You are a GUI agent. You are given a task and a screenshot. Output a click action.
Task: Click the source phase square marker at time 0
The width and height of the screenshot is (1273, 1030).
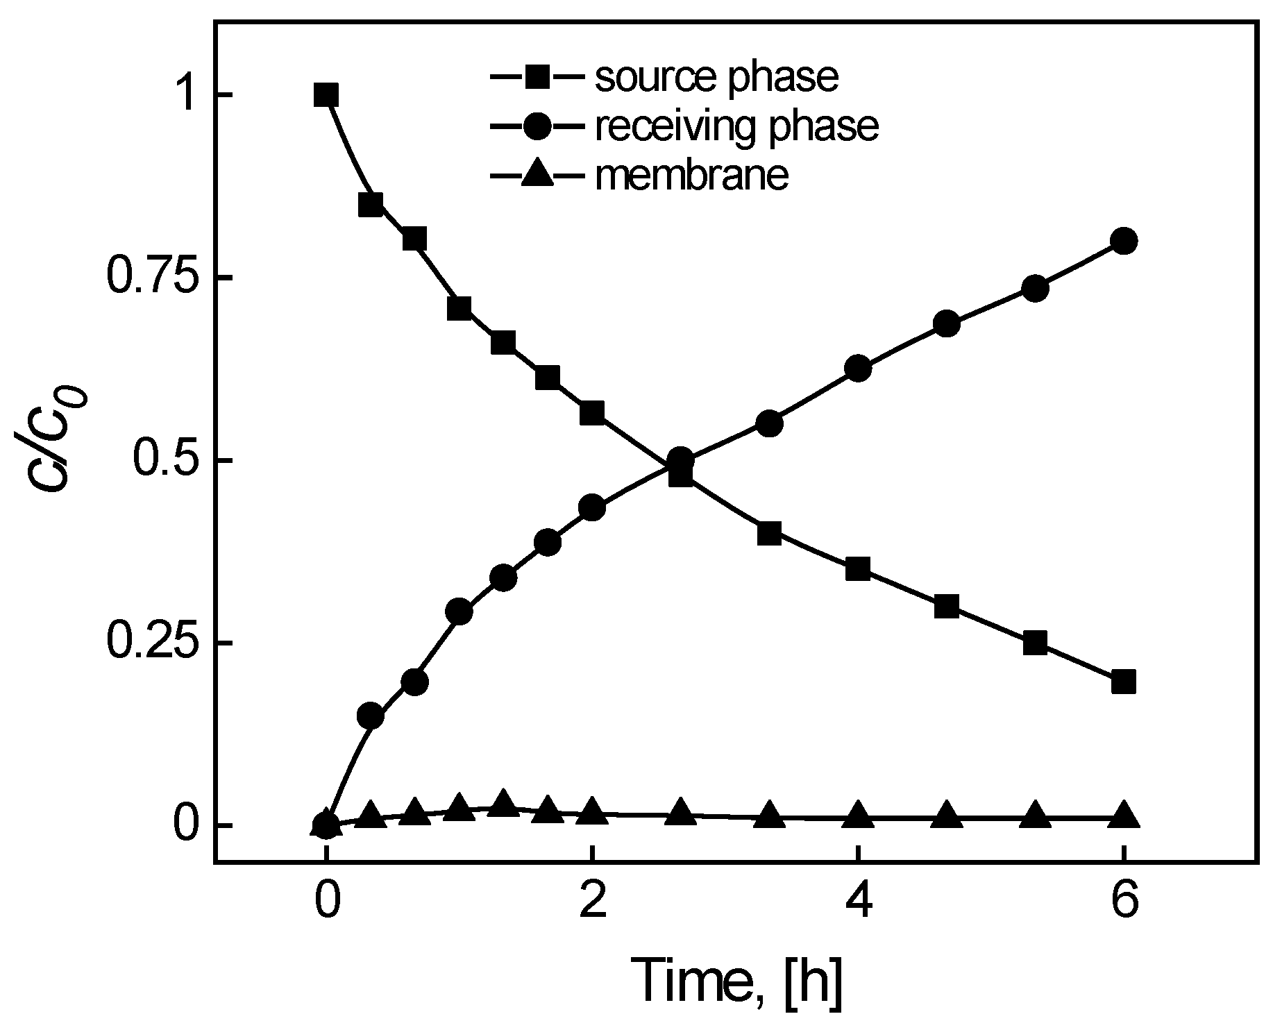(326, 94)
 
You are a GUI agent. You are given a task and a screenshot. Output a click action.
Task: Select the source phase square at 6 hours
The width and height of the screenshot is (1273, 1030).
(1123, 682)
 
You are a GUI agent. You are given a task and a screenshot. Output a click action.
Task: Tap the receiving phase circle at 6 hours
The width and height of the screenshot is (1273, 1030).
(1123, 241)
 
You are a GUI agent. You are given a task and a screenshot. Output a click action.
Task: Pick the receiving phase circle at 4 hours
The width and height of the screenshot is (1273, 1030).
(859, 368)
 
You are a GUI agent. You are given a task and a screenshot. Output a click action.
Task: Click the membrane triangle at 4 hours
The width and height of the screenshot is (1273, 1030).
(859, 815)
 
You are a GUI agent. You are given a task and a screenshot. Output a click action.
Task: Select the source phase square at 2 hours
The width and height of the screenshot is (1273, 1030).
(591, 412)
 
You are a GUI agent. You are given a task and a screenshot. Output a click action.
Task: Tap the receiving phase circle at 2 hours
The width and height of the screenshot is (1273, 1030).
(591, 507)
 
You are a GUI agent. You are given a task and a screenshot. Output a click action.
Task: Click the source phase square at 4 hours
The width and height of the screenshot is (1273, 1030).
(859, 569)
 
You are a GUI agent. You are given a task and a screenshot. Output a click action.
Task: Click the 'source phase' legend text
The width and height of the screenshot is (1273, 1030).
(716, 78)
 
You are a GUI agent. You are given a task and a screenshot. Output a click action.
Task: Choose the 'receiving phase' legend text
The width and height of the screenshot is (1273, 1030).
(736, 126)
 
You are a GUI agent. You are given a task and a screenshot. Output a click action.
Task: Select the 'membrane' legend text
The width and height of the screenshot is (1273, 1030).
(692, 175)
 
